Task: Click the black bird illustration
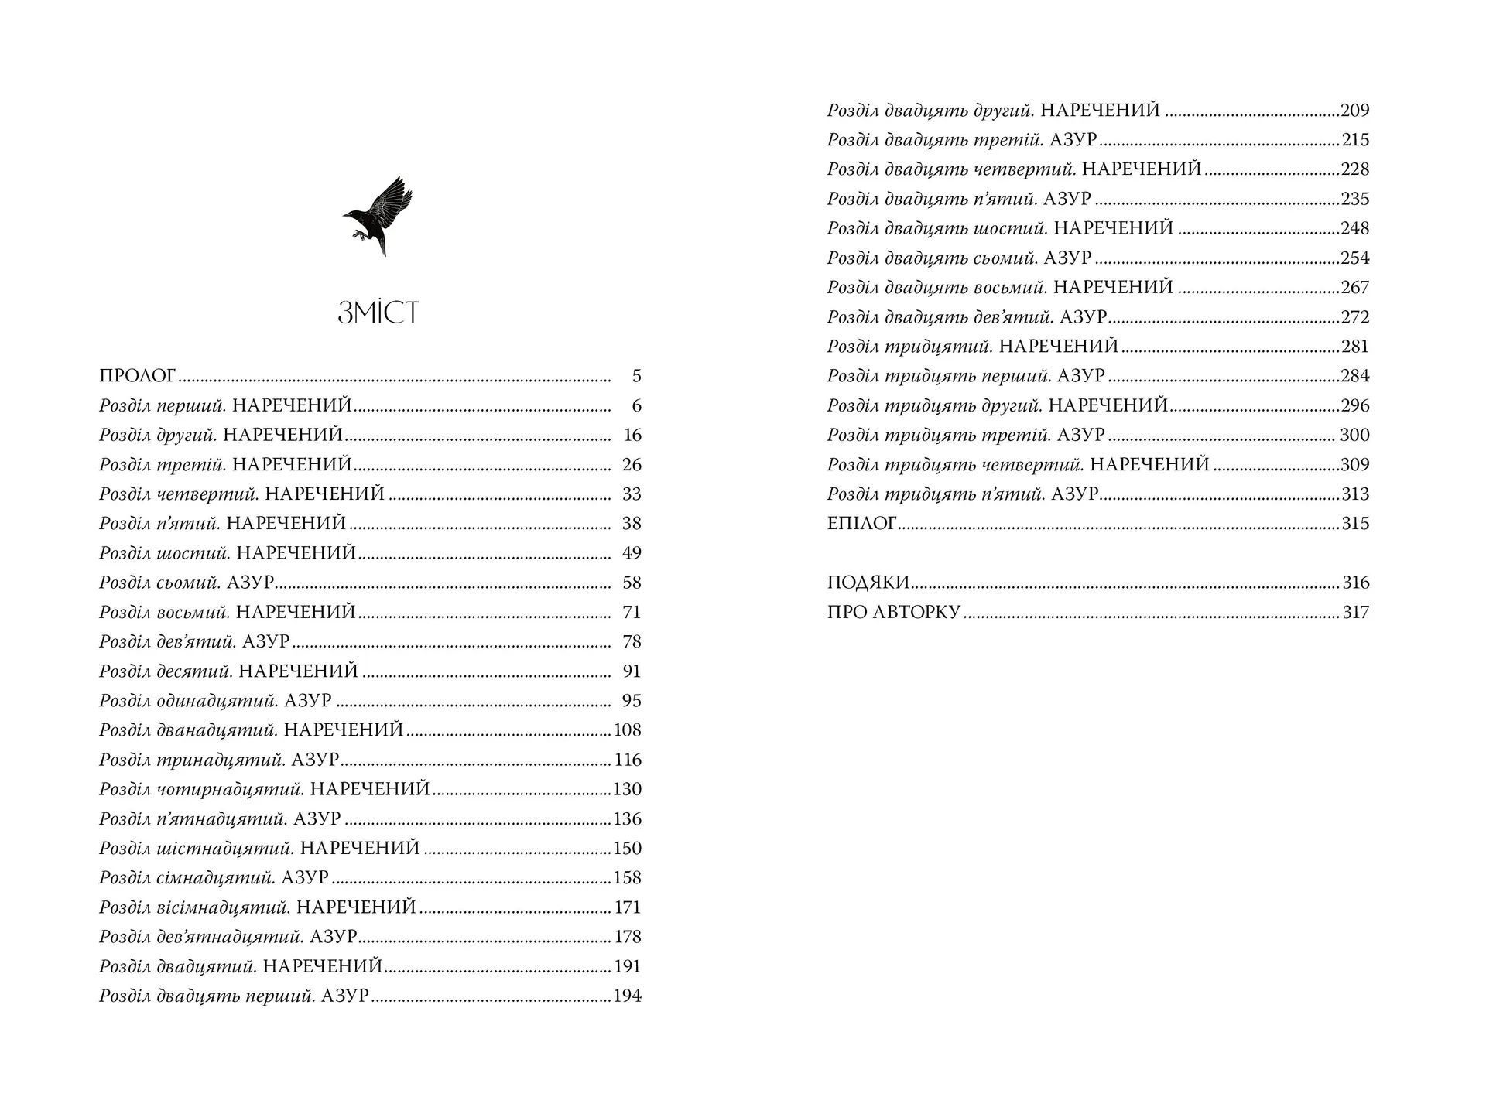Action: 378,216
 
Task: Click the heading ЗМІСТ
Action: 378,313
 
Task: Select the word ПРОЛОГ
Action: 138,377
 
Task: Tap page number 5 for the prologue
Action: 636,377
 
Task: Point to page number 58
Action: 632,583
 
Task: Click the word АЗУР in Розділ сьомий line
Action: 250,583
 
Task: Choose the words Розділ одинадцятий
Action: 188,701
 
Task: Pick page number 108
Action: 627,730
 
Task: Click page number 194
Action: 627,996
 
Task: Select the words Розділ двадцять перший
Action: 207,996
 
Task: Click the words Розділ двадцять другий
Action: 930,111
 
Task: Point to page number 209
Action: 1355,111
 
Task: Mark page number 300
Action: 1354,436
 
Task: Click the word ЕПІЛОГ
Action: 861,524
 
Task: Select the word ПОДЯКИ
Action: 868,583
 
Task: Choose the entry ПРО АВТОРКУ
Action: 893,613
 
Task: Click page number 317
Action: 1355,613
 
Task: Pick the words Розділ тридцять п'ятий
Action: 936,494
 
